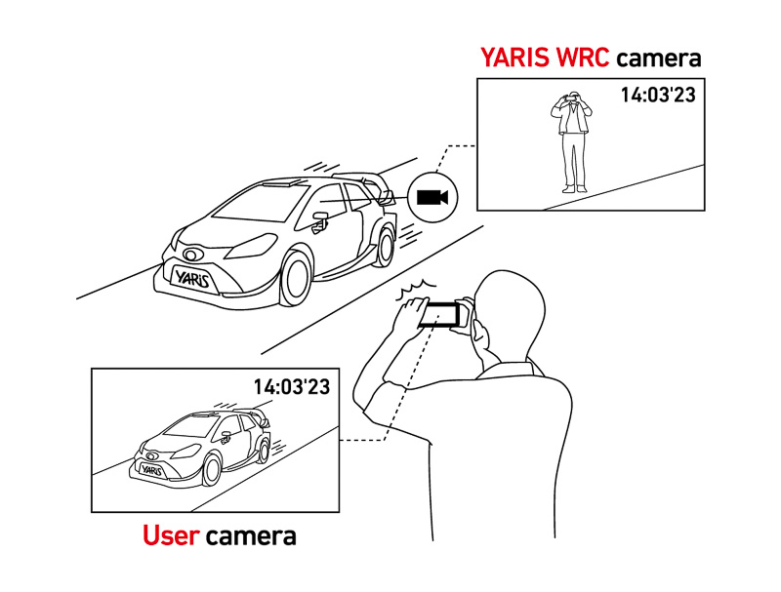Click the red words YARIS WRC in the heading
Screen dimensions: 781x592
point(545,58)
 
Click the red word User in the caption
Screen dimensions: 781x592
point(171,535)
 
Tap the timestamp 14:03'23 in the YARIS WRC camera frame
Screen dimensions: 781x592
point(657,95)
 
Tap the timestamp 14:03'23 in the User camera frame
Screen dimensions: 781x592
point(292,386)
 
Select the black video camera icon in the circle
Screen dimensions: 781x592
point(432,198)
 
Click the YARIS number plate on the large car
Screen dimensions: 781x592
point(192,277)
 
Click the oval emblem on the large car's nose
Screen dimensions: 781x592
point(191,255)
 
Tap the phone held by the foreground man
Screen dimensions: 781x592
point(440,314)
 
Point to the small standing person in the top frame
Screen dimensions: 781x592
point(571,142)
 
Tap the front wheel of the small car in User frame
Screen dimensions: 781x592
point(211,471)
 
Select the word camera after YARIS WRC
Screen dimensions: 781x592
point(658,58)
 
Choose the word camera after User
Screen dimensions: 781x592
point(251,535)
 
